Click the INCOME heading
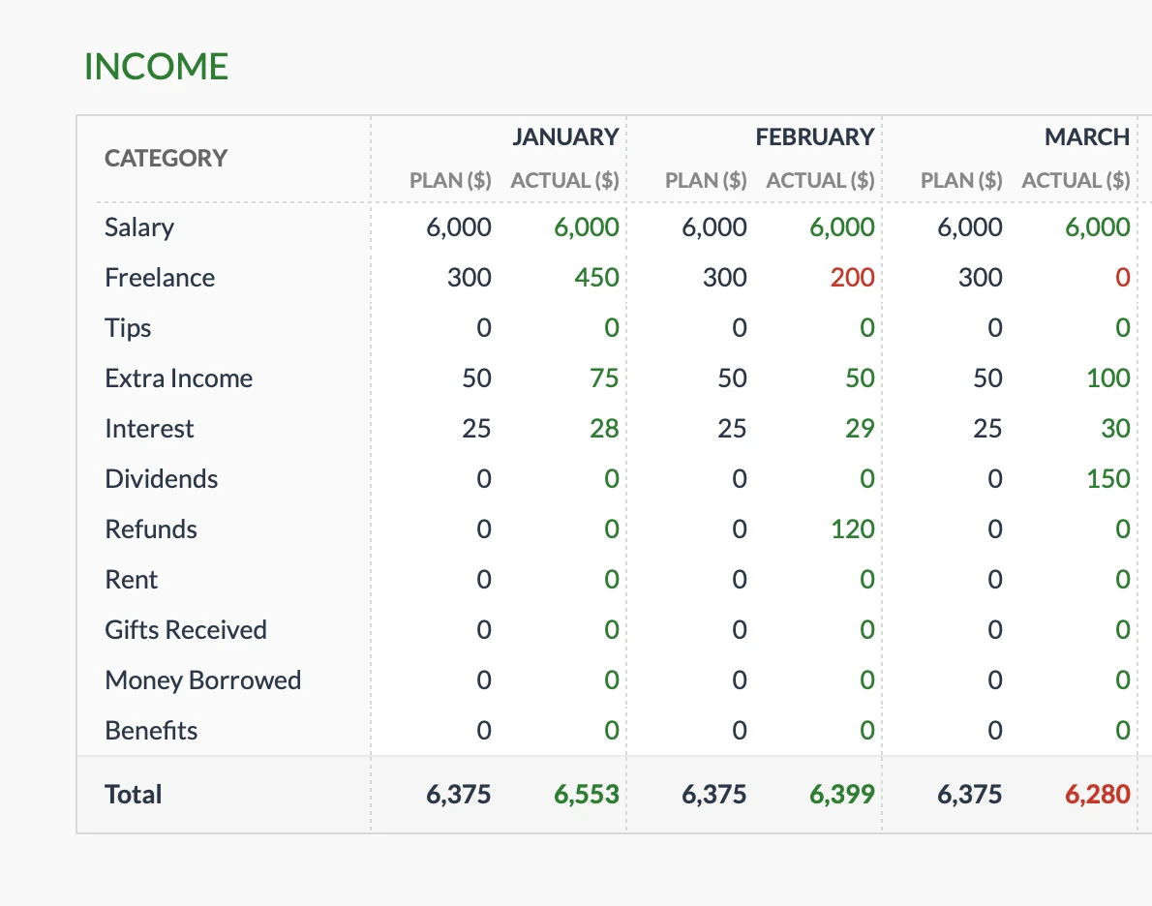pyautogui.click(x=156, y=67)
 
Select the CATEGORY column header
pyautogui.click(x=166, y=158)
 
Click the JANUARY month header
pyautogui.click(x=565, y=137)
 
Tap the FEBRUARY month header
pyautogui.click(x=815, y=137)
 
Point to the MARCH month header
pyautogui.click(x=1086, y=137)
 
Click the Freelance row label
pyautogui.click(x=160, y=278)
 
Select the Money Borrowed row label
pyautogui.click(x=202, y=680)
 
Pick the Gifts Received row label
pyautogui.click(x=186, y=630)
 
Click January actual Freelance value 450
pyautogui.click(x=596, y=278)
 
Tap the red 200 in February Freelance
pyautogui.click(x=852, y=278)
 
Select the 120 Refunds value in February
pyautogui.click(x=852, y=529)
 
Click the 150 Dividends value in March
pyautogui.click(x=1107, y=479)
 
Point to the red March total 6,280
pyautogui.click(x=1098, y=795)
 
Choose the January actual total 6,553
pyautogui.click(x=586, y=795)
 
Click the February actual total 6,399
pyautogui.click(x=841, y=795)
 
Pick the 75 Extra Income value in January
pyautogui.click(x=604, y=378)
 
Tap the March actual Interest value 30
pyautogui.click(x=1115, y=429)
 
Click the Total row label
pyautogui.click(x=134, y=795)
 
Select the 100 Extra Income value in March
pyautogui.click(x=1107, y=378)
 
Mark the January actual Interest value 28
pyautogui.click(x=604, y=429)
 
